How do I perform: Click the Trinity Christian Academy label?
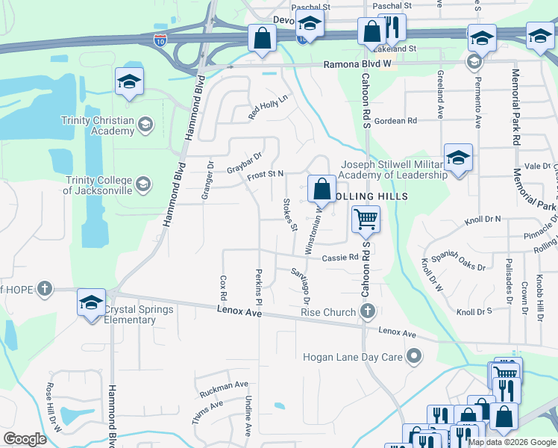98,126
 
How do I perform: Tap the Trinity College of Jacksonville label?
98,184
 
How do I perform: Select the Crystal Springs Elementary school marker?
92,303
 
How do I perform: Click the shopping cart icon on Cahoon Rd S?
366,220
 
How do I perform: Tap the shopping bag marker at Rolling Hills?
322,189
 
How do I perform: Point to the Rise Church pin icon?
366,311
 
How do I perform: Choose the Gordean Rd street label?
395,121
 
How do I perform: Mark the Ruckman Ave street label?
223,388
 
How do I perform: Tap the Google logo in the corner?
25,438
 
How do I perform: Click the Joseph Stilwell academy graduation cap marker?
458,158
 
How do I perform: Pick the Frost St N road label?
266,174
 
